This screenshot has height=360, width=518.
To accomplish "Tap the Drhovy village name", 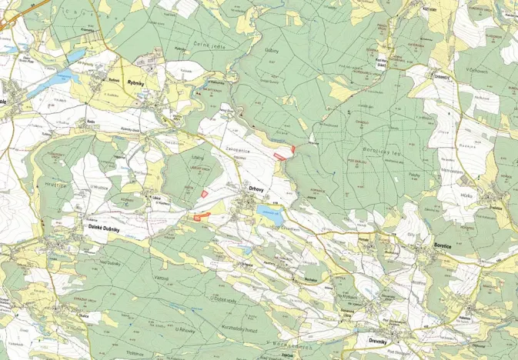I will (256, 188).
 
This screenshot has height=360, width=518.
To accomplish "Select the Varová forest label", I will (160, 276).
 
